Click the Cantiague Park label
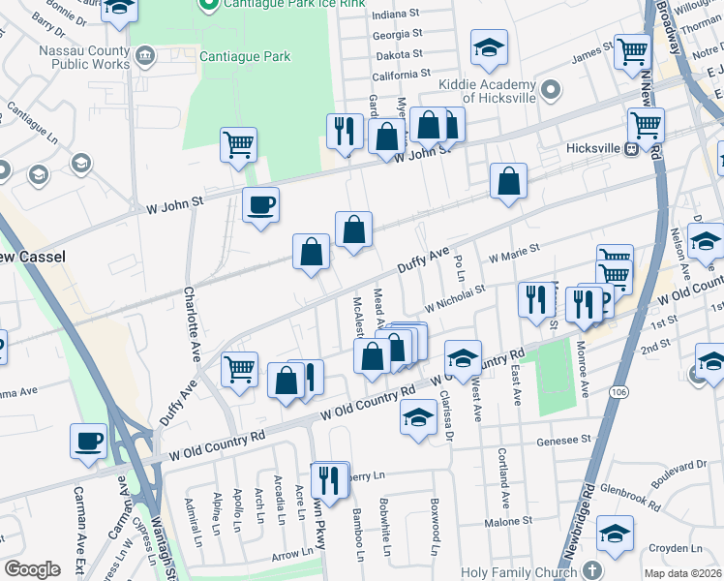(245, 56)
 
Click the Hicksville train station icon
(631, 149)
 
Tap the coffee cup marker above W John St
(260, 205)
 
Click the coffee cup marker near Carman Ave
(88, 441)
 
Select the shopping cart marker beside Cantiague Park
(238, 145)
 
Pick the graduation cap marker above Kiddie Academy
(490, 46)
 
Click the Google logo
(32, 569)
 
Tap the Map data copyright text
(681, 573)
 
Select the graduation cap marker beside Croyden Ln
(615, 533)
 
